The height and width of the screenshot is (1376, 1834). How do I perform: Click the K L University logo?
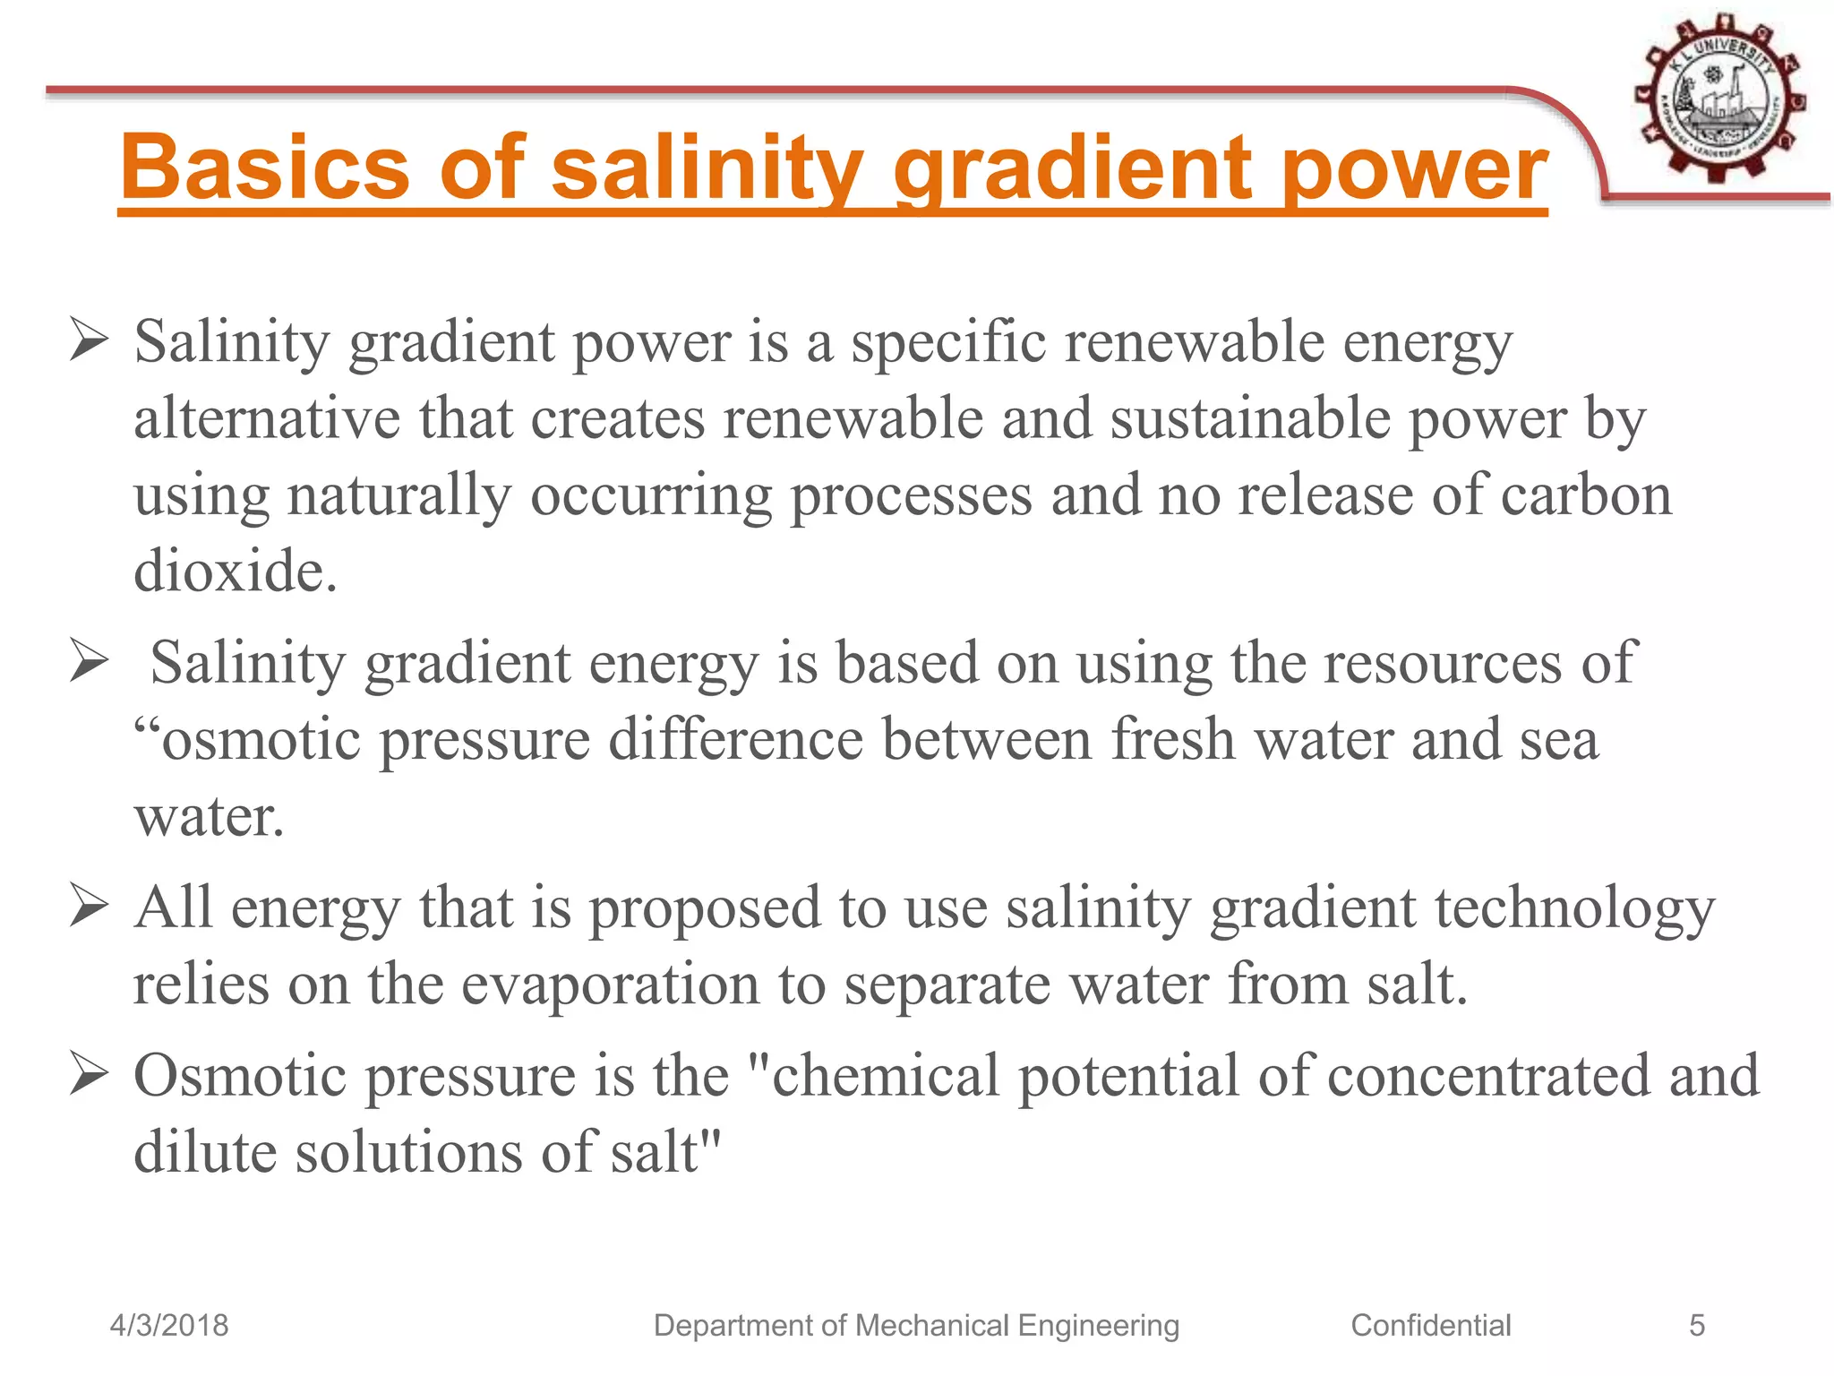pos(1718,99)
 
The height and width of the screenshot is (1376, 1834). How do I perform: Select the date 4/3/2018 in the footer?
pos(169,1325)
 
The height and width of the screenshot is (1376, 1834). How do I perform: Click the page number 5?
pos(1696,1325)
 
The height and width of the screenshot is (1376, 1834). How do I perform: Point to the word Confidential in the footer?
pos(1430,1325)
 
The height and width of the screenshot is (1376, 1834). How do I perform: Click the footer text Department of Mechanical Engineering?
pos(916,1325)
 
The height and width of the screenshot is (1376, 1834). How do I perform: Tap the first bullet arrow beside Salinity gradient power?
pos(89,342)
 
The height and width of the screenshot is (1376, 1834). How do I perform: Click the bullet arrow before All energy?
pos(89,907)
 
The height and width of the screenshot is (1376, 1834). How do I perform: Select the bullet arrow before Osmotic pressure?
pos(89,1074)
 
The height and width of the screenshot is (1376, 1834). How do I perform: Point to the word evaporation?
pos(610,985)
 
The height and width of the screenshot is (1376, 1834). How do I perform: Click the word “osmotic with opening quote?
pos(247,741)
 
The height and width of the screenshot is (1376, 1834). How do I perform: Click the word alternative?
pos(267,418)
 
